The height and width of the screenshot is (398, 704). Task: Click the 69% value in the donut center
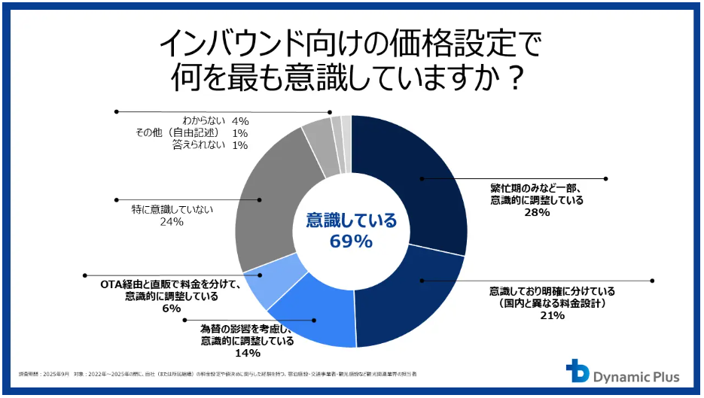click(351, 242)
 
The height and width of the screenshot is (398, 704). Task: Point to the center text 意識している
click(351, 220)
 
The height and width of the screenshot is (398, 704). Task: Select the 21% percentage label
click(552, 315)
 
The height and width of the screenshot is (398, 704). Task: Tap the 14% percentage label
click(247, 353)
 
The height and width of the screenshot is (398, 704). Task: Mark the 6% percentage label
click(172, 308)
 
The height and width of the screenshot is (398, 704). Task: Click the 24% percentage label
click(172, 223)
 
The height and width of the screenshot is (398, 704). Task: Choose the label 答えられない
click(200, 144)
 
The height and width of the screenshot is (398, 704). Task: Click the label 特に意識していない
click(172, 210)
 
